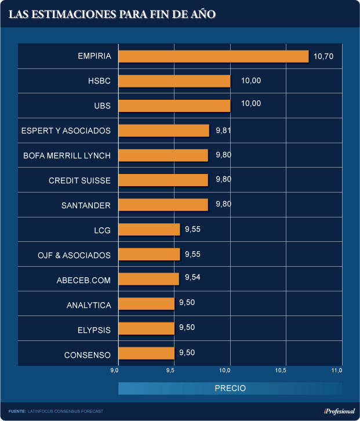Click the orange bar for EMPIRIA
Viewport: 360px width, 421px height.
[x=213, y=56]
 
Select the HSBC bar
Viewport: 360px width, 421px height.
[x=174, y=81]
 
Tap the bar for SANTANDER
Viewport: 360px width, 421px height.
[x=163, y=205]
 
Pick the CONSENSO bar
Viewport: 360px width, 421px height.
[x=146, y=353]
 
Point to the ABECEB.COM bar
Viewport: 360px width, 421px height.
[x=148, y=279]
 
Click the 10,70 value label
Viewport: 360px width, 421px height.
[x=324, y=56]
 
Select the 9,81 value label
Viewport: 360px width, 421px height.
[x=223, y=130]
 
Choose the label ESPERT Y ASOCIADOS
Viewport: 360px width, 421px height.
[x=66, y=130]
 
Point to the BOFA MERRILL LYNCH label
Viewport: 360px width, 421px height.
[x=67, y=155]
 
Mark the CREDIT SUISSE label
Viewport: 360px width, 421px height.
[x=79, y=180]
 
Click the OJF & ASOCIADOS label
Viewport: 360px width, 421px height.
[x=73, y=255]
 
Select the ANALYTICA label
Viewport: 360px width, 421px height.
[x=89, y=304]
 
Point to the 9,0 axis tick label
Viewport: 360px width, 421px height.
[x=118, y=370]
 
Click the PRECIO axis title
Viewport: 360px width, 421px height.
[x=230, y=388]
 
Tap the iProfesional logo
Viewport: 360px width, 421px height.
[x=339, y=411]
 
